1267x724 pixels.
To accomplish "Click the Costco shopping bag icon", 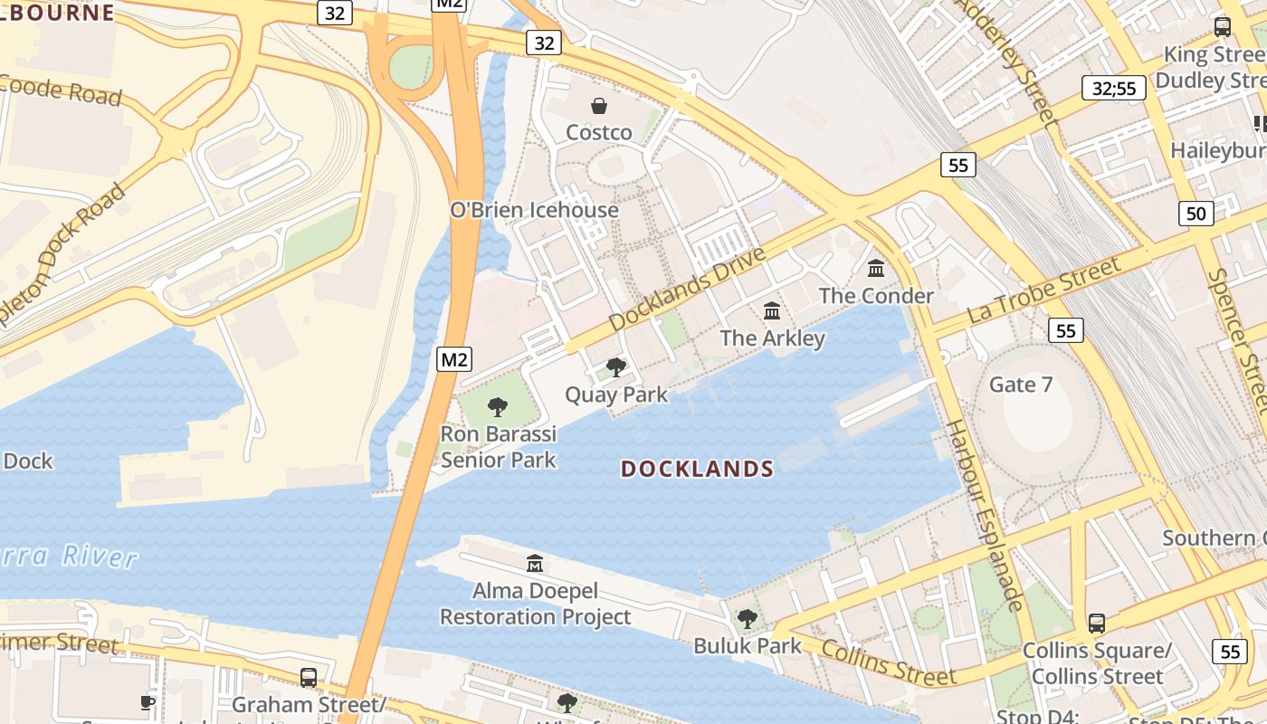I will [598, 106].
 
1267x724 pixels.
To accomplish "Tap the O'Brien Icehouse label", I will [534, 210].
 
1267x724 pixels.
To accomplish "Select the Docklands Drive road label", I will [687, 288].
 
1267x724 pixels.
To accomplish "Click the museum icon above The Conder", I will [876, 269].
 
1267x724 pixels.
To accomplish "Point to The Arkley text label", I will [772, 338].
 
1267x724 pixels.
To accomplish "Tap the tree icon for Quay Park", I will [616, 367].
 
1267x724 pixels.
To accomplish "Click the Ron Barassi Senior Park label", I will [498, 447].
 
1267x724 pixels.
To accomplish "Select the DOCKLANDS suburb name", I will [697, 469].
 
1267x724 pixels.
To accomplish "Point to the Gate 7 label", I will [1021, 385].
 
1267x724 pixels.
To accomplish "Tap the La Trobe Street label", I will [1043, 290].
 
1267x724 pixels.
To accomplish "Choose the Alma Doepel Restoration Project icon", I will [535, 563].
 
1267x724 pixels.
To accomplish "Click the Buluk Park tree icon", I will [748, 619].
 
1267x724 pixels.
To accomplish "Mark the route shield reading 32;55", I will [1114, 88].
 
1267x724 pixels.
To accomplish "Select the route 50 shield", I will [1196, 214].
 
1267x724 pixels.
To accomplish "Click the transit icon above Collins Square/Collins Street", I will [1097, 623].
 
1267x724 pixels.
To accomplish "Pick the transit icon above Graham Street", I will [309, 677].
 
